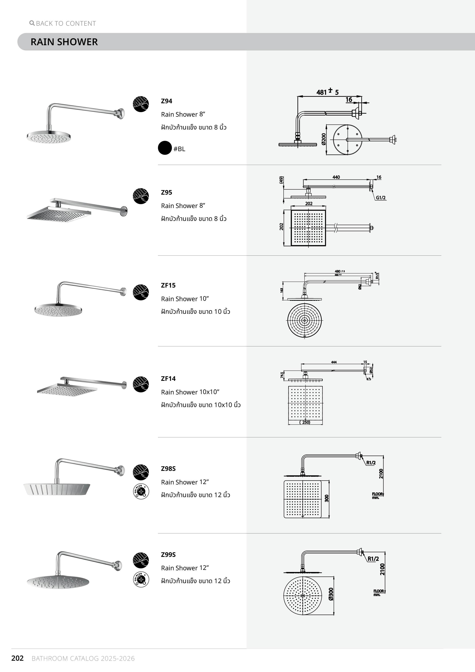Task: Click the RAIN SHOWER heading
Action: [x=64, y=42]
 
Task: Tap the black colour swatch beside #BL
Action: [x=165, y=148]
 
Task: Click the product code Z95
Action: [x=166, y=193]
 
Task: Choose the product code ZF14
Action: [x=168, y=379]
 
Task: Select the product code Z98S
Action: [x=168, y=469]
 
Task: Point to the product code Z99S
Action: [x=168, y=555]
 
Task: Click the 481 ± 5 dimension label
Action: [x=327, y=92]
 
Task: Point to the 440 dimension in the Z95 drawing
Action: [x=336, y=177]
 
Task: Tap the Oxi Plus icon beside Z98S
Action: [x=141, y=491]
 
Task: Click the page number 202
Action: [x=17, y=658]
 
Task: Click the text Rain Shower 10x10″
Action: [x=190, y=392]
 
